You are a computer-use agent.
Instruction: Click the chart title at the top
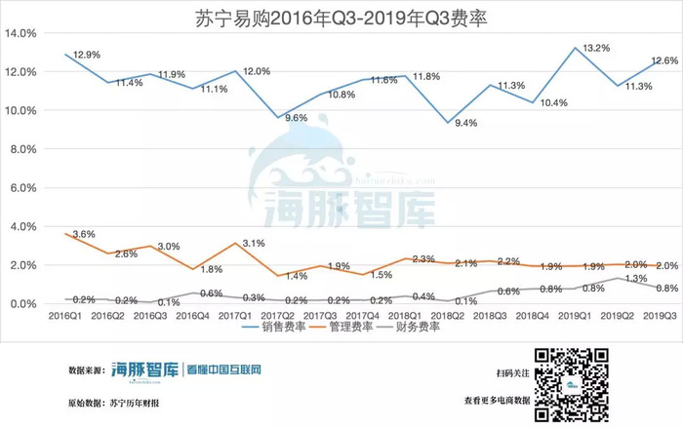(342, 16)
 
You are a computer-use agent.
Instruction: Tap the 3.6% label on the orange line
(85, 233)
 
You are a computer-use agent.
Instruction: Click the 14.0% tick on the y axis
(21, 33)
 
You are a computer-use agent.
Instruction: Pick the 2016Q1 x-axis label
(66, 316)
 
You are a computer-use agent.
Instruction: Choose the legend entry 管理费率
(347, 328)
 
